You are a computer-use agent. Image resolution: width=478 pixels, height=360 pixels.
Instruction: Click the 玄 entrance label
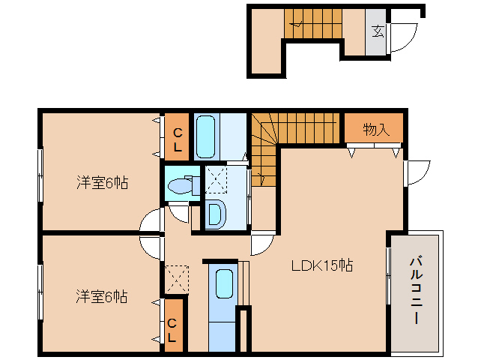[378, 31]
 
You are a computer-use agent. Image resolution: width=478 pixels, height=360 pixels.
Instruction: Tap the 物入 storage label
[376, 129]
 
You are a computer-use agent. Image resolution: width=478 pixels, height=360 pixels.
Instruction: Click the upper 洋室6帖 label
[100, 181]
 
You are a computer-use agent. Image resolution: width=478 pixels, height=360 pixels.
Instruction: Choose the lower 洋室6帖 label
[100, 296]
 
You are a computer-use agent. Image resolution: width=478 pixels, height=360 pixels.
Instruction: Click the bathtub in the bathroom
[207, 136]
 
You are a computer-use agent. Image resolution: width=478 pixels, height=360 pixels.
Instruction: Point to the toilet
[181, 186]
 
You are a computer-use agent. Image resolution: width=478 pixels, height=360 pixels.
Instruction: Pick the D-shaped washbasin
[214, 214]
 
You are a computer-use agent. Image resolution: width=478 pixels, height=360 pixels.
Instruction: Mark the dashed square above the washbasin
[216, 181]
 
